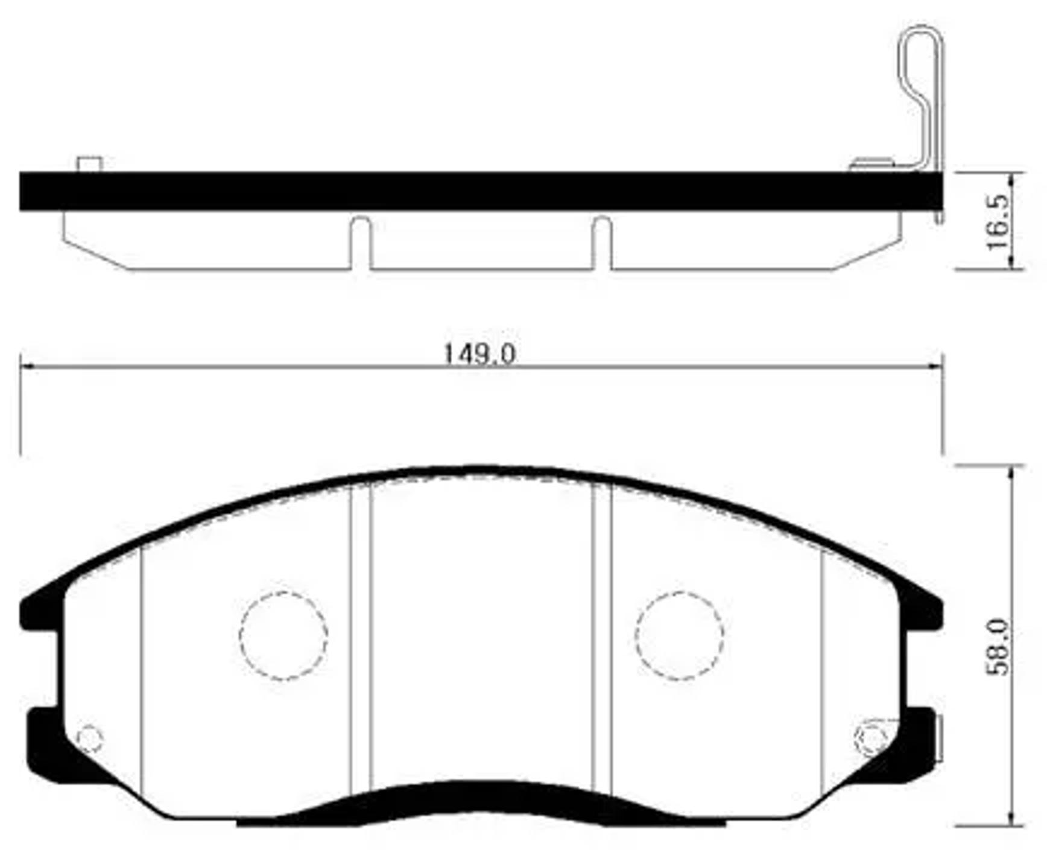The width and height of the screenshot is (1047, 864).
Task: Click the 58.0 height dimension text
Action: tap(997, 646)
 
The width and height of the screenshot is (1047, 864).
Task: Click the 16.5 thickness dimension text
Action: tap(997, 221)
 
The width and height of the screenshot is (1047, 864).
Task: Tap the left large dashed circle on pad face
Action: tap(283, 636)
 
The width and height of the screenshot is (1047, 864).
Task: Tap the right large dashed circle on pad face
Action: tap(679, 635)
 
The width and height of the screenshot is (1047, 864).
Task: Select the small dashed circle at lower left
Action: tap(90, 739)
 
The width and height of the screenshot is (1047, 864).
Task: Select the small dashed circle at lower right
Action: tap(870, 737)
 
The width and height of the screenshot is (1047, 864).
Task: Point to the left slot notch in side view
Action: tap(360, 241)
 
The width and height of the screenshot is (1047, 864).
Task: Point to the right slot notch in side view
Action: tap(601, 241)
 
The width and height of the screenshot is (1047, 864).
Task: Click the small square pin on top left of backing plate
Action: tap(89, 164)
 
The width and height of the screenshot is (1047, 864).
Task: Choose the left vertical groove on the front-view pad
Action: tap(360, 640)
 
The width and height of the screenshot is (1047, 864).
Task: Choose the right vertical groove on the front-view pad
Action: tap(601, 640)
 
